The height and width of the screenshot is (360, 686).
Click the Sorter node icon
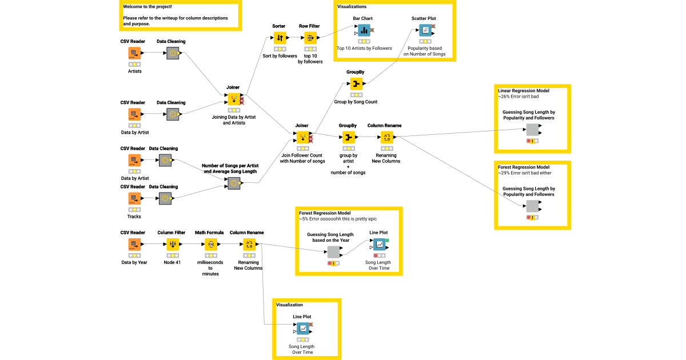tap(280, 38)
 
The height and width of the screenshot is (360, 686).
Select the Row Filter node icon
tap(310, 38)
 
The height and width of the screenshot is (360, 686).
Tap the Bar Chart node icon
tap(364, 30)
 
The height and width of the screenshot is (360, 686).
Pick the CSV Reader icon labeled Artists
tap(134, 53)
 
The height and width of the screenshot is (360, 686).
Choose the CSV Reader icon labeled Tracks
tap(134, 198)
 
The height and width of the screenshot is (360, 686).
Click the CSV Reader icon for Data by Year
tap(134, 245)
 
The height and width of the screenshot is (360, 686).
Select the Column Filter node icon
tap(171, 245)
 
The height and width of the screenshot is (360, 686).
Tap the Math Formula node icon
tap(210, 245)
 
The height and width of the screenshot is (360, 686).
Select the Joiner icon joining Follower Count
tap(301, 137)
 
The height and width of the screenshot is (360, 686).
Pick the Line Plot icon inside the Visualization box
tap(302, 329)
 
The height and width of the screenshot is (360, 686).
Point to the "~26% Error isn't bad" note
tap(518, 97)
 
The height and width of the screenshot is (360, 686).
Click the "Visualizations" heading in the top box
tap(352, 6)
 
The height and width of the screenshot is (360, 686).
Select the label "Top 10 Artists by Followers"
tap(364, 49)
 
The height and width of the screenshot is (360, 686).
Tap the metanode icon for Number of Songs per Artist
tap(234, 183)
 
